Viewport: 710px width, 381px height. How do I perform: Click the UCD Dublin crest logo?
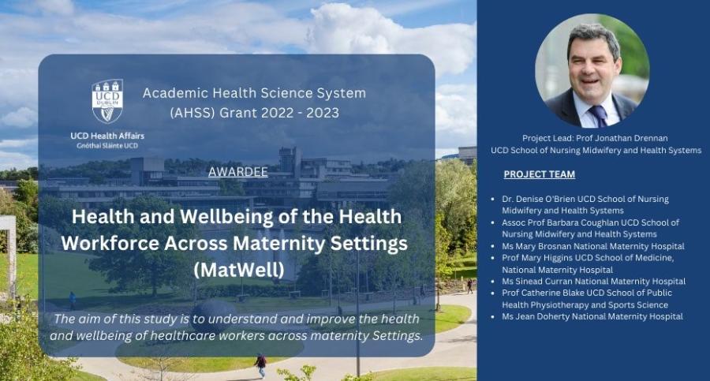pos(107,101)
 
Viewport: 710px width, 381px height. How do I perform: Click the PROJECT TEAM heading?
pos(539,174)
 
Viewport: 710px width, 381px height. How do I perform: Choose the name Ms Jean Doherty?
pos(536,316)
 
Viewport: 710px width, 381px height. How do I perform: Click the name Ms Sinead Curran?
pos(539,281)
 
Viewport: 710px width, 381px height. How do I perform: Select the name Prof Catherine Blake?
pos(545,293)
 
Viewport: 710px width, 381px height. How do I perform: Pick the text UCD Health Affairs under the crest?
pos(107,136)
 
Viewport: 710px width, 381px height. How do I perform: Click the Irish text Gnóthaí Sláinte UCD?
pos(107,146)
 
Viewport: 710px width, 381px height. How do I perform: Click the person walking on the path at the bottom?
pos(260,364)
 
